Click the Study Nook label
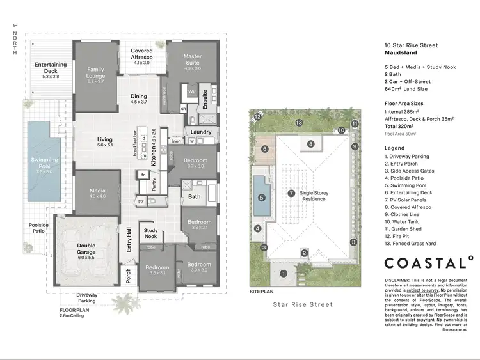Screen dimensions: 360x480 [150, 233]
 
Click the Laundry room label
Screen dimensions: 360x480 [201, 132]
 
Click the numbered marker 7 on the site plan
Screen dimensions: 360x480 [291, 192]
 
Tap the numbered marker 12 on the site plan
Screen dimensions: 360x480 [257, 117]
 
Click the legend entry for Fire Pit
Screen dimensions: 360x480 [402, 235]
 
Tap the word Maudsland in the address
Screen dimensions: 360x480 [401, 54]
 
